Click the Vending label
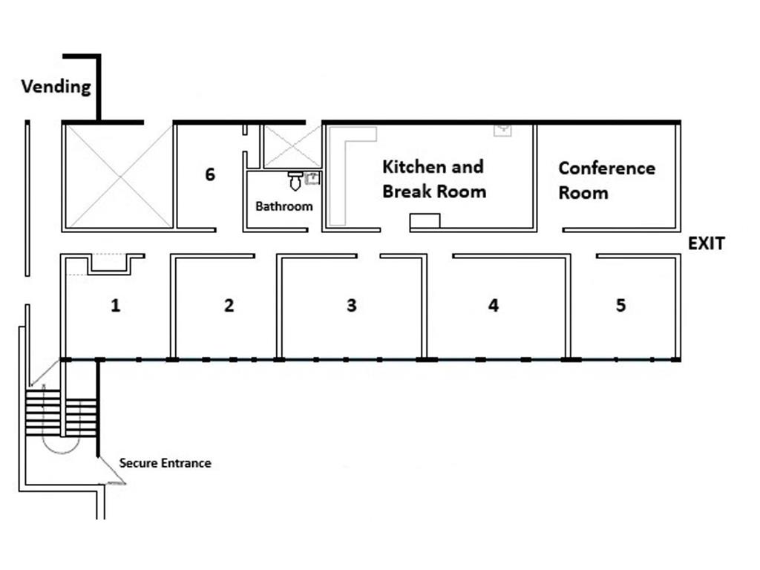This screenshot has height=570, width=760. tap(56, 88)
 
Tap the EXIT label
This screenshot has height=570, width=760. tap(707, 243)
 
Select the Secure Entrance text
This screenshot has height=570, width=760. tap(166, 463)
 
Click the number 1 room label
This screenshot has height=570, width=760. tap(115, 305)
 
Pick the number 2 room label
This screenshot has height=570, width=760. tap(229, 305)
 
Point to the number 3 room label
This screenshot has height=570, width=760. tap(351, 305)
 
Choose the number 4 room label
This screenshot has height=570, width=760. tap(493, 305)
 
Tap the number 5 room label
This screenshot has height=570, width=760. tap(621, 305)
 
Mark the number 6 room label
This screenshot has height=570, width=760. tap(210, 174)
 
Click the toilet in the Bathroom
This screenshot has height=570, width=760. tap(295, 180)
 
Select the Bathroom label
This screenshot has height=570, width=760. tap(284, 206)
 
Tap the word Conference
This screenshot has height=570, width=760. tap(607, 168)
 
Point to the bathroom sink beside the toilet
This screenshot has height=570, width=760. tap(312, 178)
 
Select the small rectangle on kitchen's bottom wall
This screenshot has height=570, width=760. tap(425, 220)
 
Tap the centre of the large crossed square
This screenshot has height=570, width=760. tap(119, 176)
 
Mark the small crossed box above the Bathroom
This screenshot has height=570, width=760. tap(292, 147)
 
